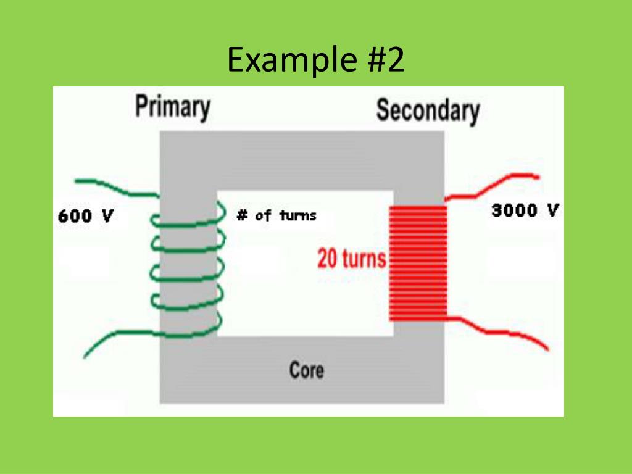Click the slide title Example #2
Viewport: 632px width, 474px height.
click(x=315, y=60)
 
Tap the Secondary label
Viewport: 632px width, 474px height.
click(x=428, y=110)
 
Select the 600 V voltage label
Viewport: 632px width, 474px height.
click(x=85, y=217)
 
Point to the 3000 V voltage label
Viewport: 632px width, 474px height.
click(x=525, y=210)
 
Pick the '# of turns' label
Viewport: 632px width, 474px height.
click(x=276, y=215)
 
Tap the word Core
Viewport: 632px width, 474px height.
click(x=306, y=370)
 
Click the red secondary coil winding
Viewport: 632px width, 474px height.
click(x=418, y=263)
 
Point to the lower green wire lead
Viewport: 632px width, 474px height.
click(x=117, y=339)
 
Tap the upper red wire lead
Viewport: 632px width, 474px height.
click(x=494, y=185)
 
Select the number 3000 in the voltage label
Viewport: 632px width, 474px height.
click(x=515, y=210)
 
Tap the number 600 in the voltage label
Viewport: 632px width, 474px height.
click(x=74, y=217)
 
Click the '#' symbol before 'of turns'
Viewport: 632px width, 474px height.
click(x=243, y=215)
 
